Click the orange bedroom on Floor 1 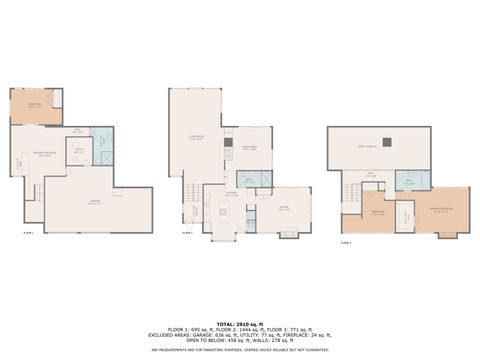click(36, 106)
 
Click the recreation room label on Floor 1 click(43, 153)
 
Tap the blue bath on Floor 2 click(254, 179)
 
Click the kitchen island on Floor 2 click(225, 211)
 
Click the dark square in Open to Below click(386, 142)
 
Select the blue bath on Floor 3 click(411, 181)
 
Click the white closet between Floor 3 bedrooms click(404, 214)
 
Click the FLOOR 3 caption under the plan click(345, 242)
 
